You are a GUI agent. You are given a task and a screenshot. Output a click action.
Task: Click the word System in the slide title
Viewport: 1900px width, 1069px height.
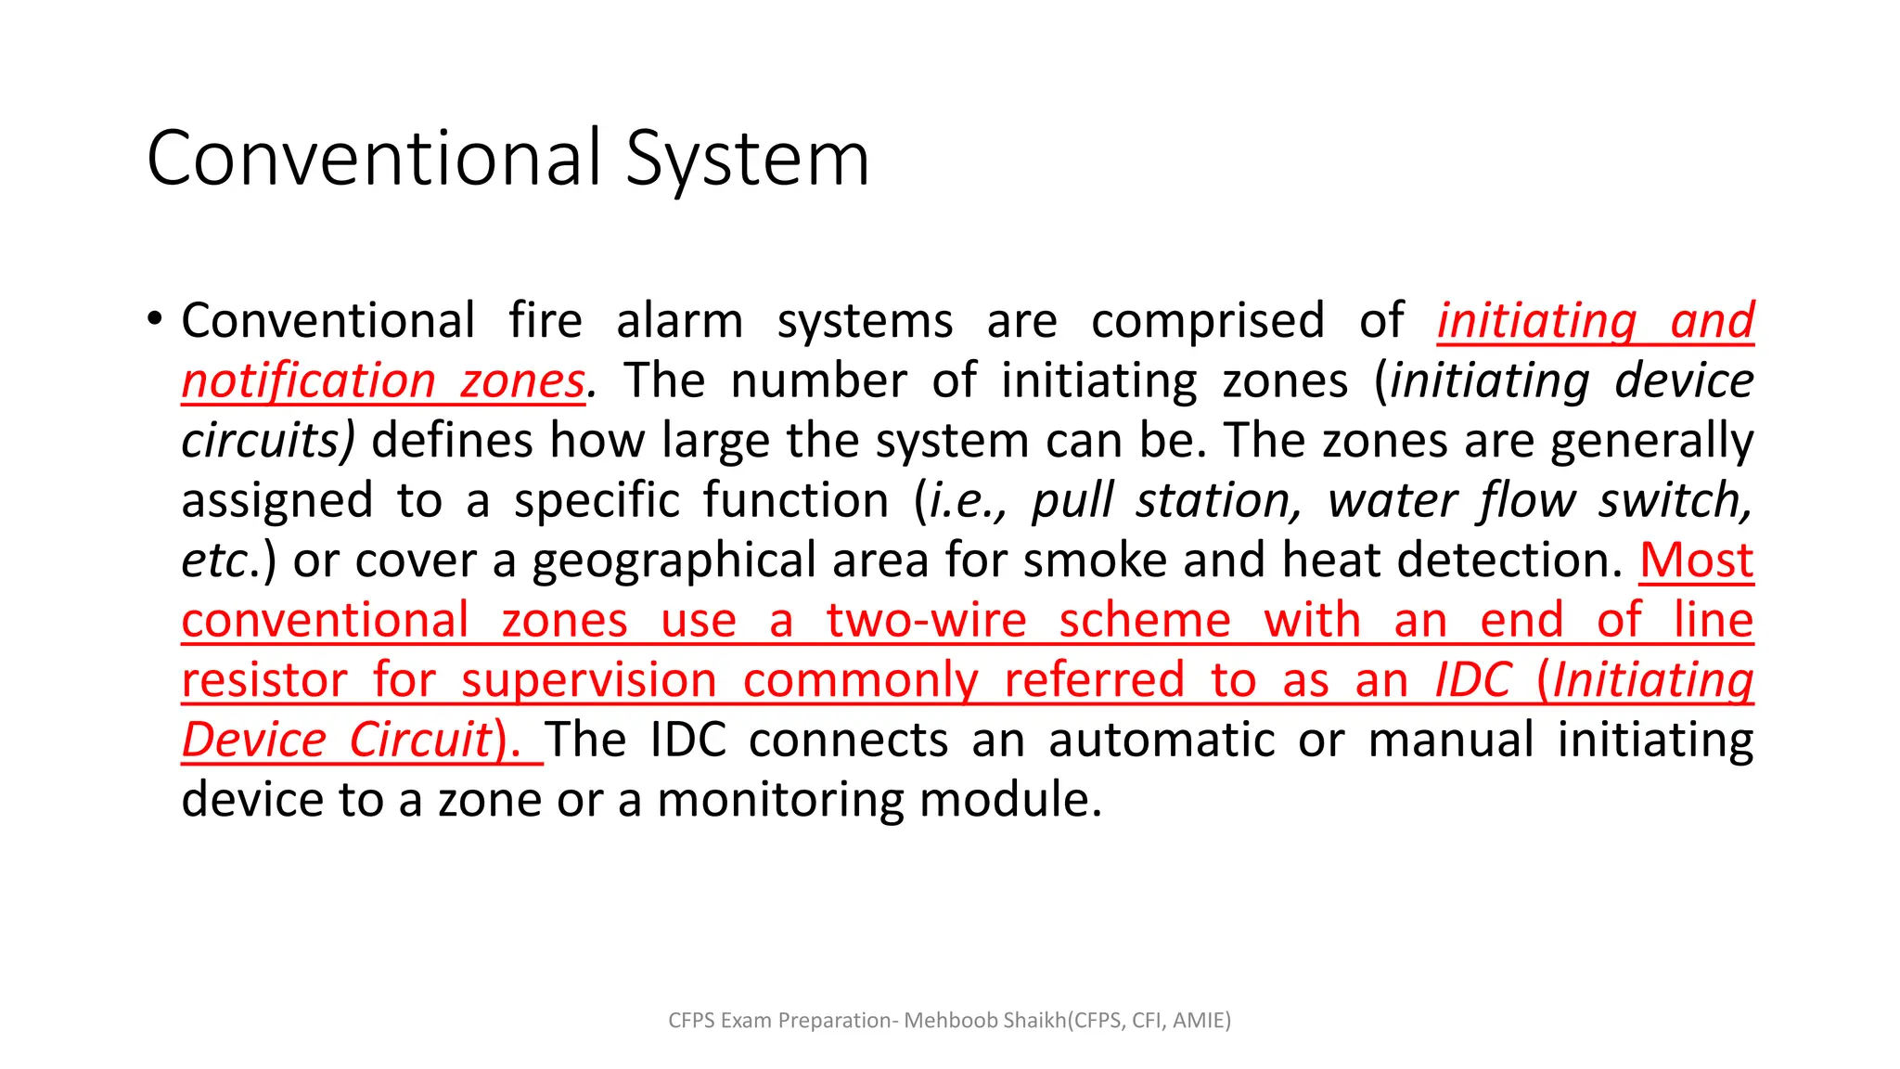747,160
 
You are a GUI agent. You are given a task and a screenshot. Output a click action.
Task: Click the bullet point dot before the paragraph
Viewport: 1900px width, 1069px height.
155,319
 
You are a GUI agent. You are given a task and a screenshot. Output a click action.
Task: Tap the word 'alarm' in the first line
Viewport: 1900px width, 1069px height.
679,321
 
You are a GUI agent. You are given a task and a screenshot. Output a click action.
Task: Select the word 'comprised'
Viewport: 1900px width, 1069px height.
1207,321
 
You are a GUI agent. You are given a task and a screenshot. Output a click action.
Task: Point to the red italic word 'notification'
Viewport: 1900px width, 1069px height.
308,381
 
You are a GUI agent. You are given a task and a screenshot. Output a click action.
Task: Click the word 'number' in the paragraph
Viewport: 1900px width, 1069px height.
818,381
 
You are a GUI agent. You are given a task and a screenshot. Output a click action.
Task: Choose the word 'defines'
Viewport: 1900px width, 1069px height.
452,441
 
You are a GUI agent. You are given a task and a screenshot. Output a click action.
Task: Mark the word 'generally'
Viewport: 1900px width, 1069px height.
1651,443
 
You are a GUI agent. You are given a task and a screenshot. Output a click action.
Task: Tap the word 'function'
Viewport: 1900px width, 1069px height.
795,501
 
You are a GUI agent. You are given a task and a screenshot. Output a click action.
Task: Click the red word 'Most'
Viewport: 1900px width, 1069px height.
1696,560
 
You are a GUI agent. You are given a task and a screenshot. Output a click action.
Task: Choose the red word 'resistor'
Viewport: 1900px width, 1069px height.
264,680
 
